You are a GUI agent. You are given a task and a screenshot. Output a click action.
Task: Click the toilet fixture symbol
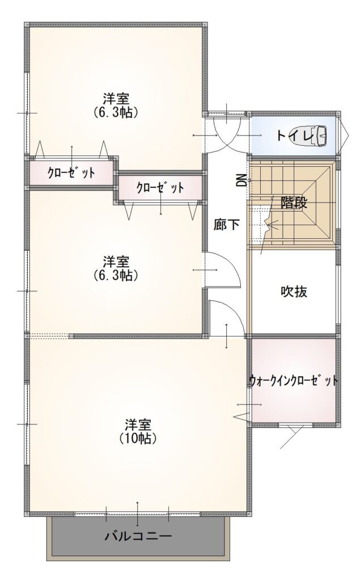[x=320, y=135]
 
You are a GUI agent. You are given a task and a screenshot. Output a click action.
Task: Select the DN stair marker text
[x=242, y=180]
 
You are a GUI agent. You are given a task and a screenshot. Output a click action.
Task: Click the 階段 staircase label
[x=294, y=203]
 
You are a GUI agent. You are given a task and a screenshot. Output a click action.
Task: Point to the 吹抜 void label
[x=294, y=292]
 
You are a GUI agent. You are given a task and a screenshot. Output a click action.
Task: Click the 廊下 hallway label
[x=226, y=224]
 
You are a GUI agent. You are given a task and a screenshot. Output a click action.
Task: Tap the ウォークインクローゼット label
[x=293, y=381]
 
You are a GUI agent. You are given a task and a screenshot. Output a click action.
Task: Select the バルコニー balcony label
[x=138, y=536]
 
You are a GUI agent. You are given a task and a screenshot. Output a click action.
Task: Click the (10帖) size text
[x=138, y=439]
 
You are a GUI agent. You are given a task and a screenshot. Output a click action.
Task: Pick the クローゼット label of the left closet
[x=71, y=172]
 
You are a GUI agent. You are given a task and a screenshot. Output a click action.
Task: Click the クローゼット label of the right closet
[x=160, y=187]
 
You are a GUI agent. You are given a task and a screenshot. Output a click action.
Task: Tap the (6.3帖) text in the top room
[x=116, y=112]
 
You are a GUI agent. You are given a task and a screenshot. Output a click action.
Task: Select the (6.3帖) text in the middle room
[x=116, y=275]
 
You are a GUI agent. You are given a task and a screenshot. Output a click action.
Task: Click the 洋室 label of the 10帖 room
[x=138, y=424]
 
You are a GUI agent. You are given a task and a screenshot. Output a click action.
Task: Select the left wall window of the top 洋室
[x=27, y=112]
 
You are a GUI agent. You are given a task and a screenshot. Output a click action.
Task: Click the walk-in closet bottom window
[x=295, y=426]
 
